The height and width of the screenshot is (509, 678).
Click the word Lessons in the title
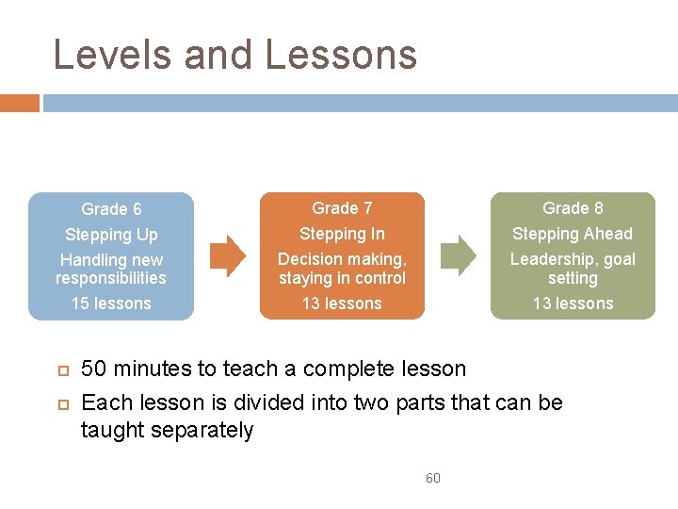click(x=341, y=55)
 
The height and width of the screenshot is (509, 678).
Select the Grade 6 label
click(x=111, y=209)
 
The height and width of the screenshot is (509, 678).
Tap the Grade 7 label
click(x=342, y=208)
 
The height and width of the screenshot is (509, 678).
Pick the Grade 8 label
click(x=573, y=208)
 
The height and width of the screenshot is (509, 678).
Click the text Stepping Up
click(x=111, y=235)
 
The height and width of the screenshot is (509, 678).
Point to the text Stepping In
click(x=342, y=234)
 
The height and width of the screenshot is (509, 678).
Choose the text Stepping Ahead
click(x=573, y=234)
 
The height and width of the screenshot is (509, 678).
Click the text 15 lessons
click(x=111, y=304)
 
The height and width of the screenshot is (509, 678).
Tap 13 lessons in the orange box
click(x=342, y=304)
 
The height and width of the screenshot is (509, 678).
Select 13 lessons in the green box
click(x=573, y=304)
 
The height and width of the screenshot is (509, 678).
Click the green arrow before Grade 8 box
click(x=459, y=255)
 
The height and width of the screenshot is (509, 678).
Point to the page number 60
click(x=433, y=478)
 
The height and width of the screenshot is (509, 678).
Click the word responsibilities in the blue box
click(x=111, y=278)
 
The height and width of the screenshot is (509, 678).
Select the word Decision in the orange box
click(x=309, y=259)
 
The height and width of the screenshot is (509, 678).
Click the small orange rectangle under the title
click(x=19, y=103)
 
